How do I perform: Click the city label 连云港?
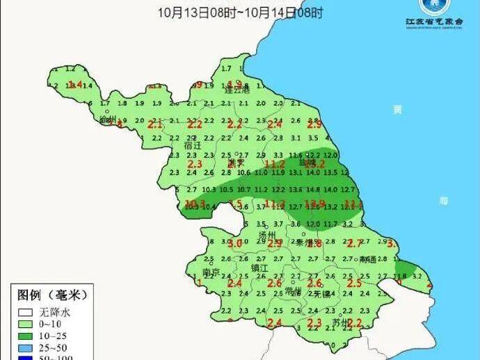(x=237, y=90)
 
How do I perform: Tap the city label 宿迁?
(x=192, y=146)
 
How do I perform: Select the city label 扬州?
(x=267, y=236)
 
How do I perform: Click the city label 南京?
(x=211, y=272)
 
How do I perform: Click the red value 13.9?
(x=317, y=204)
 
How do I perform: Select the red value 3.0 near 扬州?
(x=235, y=244)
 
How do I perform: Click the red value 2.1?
(x=155, y=124)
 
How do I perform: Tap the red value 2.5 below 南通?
(x=354, y=284)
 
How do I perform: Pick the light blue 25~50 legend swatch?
(x=25, y=347)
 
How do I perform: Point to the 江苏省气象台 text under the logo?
(x=434, y=22)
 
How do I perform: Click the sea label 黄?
(x=397, y=109)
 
